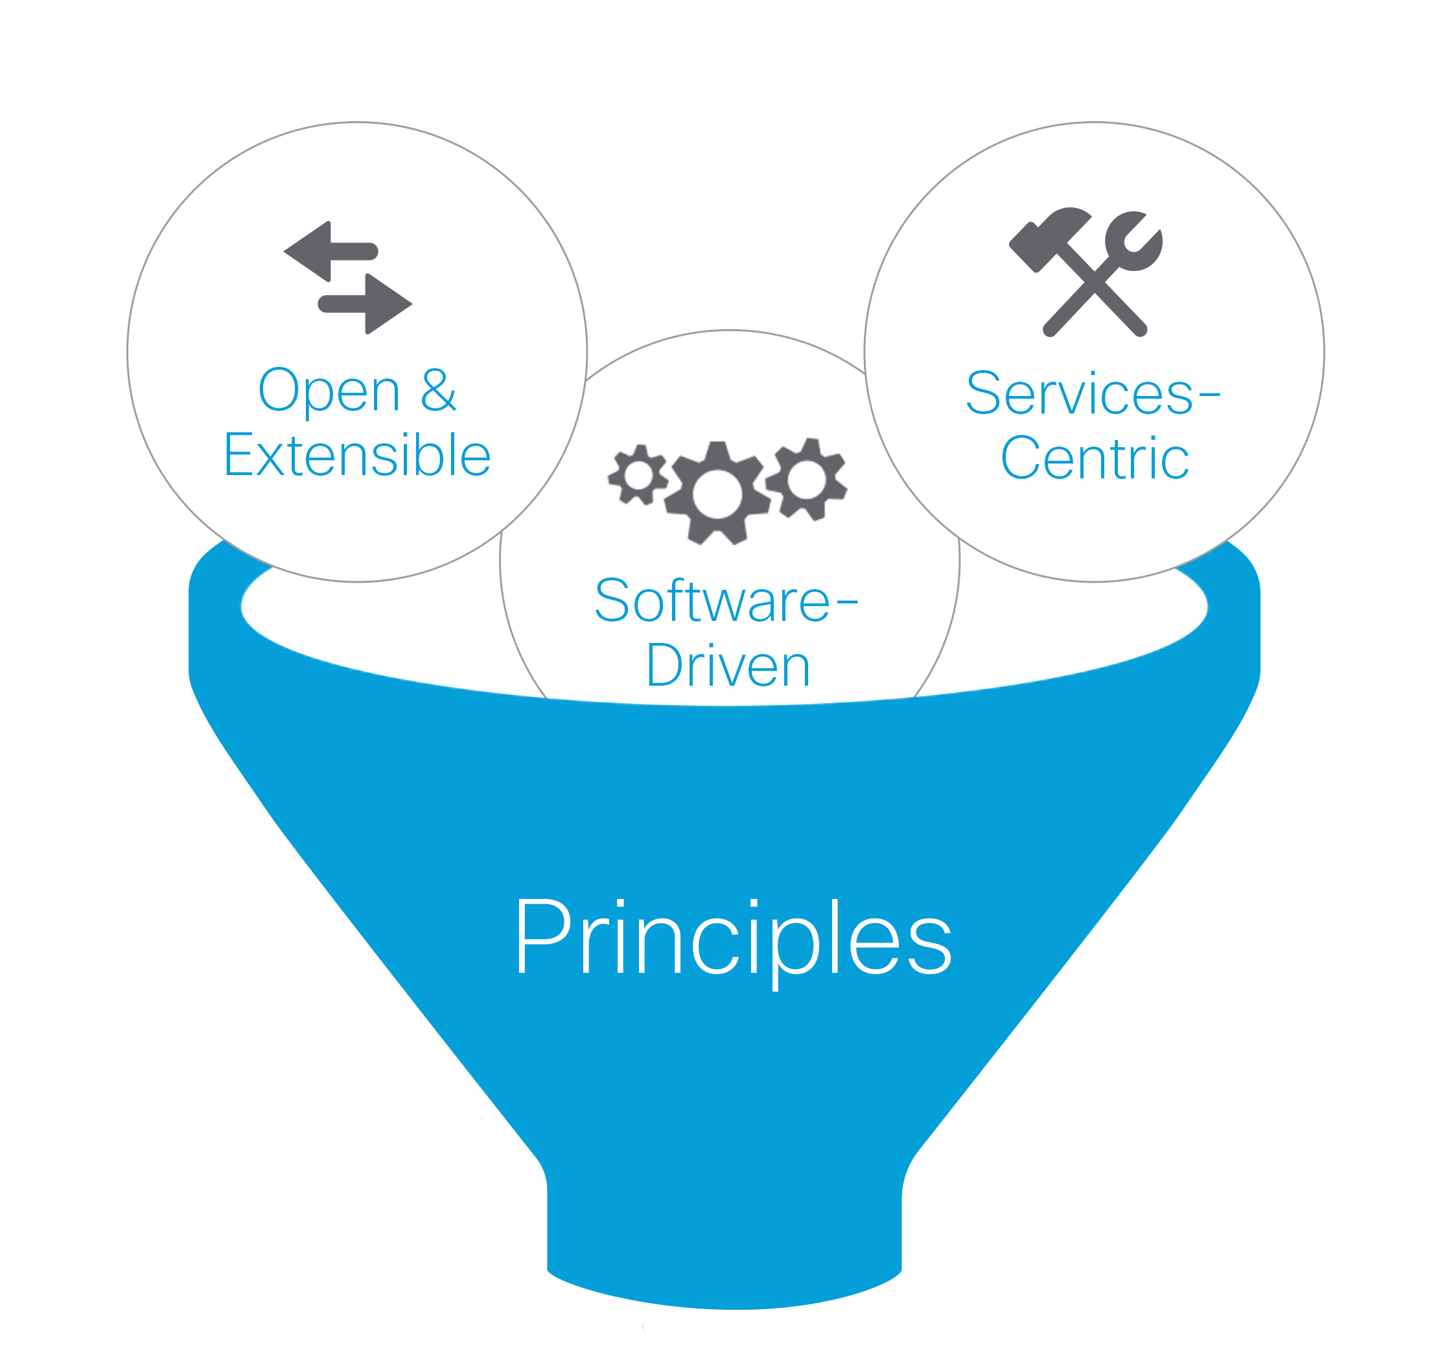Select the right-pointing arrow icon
pyautogui.click(x=367, y=304)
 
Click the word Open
pyautogui.click(x=329, y=391)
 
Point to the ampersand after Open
pyautogui.click(x=438, y=390)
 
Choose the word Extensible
pyautogui.click(x=358, y=456)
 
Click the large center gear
pyautogui.click(x=717, y=494)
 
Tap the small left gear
pyautogui.click(x=638, y=475)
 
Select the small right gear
pyautogui.click(x=806, y=480)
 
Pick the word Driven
pyautogui.click(x=728, y=666)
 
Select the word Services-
pyautogui.click(x=1080, y=393)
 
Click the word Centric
pyautogui.click(x=1094, y=458)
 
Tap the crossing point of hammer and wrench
pyautogui.click(x=1094, y=281)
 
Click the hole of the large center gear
pyautogui.click(x=717, y=494)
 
